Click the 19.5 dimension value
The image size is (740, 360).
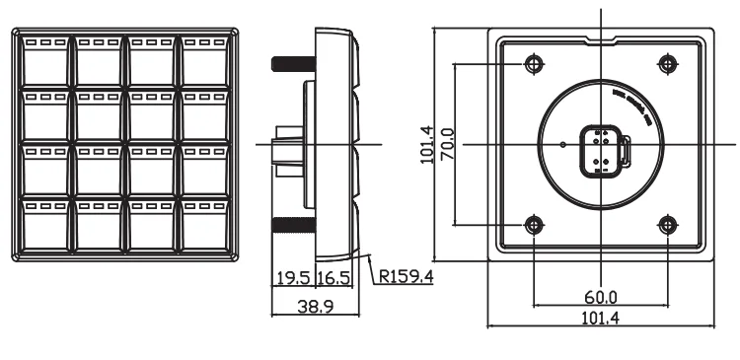click(x=291, y=278)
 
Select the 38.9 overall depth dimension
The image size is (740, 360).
click(x=315, y=307)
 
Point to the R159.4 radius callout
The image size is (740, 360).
click(x=407, y=276)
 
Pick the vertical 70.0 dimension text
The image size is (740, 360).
click(x=447, y=144)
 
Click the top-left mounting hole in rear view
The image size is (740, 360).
click(x=533, y=64)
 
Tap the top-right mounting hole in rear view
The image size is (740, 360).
click(x=668, y=64)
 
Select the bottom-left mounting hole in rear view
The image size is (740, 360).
click(x=533, y=225)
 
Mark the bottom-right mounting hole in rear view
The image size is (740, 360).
click(x=668, y=225)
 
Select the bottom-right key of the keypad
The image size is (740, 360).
click(x=206, y=225)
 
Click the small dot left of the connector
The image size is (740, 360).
click(x=562, y=145)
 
